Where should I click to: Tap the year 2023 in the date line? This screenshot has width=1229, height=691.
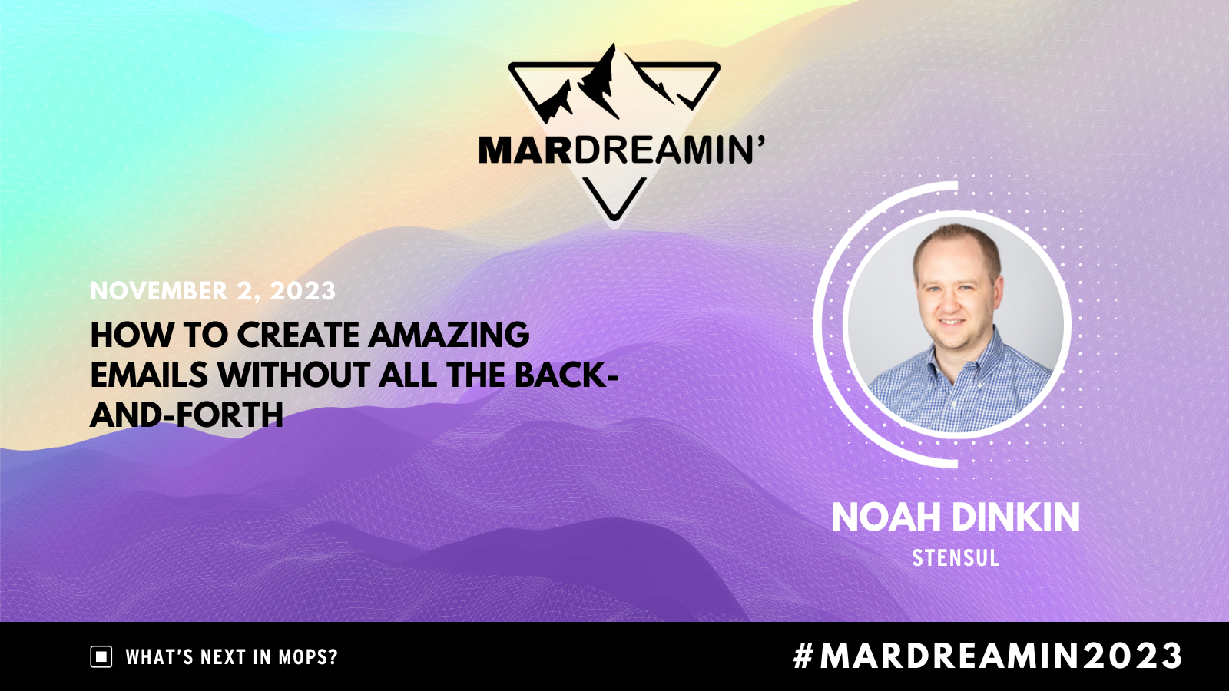click(303, 291)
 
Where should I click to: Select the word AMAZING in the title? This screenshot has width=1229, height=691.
click(449, 336)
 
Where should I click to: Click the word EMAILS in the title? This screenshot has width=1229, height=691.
click(149, 375)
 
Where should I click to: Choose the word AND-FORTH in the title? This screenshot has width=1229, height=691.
click(187, 415)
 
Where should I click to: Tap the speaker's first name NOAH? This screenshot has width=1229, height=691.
click(876, 517)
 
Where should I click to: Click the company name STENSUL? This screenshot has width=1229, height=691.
click(956, 558)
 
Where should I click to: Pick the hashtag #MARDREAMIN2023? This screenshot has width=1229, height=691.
click(988, 656)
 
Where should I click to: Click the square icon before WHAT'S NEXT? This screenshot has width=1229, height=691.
click(101, 657)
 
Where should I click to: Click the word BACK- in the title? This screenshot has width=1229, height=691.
click(566, 375)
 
